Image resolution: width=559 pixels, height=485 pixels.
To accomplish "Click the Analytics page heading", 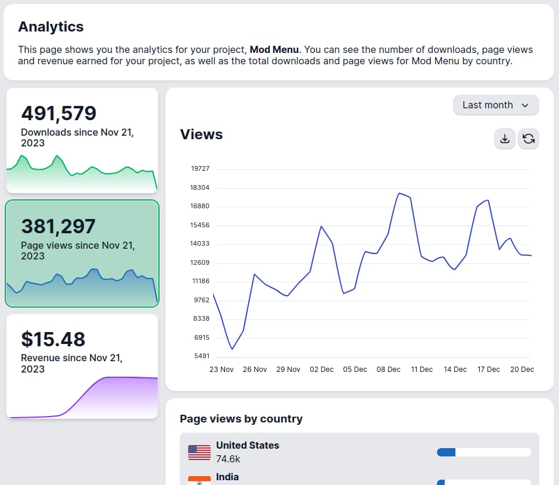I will (x=51, y=27).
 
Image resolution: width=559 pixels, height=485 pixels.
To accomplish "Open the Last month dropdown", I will (x=495, y=105).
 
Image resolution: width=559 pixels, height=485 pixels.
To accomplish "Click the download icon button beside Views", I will (x=504, y=139).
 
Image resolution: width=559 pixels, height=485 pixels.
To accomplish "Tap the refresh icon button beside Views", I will (x=528, y=139).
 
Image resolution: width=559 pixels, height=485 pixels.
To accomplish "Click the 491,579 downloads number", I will (x=58, y=113).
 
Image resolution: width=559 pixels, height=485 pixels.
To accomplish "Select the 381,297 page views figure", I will (x=58, y=226).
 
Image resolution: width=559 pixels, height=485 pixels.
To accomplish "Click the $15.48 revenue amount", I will (x=53, y=339).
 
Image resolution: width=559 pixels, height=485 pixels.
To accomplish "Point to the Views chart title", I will (x=201, y=134).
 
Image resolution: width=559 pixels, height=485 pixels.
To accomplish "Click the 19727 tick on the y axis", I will (x=200, y=169).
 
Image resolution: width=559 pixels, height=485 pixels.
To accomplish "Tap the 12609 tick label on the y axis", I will (x=200, y=263).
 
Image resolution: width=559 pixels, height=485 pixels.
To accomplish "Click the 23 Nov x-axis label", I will (x=221, y=370).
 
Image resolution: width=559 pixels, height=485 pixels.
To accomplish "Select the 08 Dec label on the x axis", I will (x=388, y=370).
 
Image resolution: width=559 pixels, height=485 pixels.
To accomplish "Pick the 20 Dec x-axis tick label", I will (x=522, y=370).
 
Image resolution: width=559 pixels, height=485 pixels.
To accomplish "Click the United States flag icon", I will (x=199, y=452).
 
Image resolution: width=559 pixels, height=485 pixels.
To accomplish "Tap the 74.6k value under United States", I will (x=228, y=459).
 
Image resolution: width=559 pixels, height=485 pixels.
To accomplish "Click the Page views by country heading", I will (x=241, y=419).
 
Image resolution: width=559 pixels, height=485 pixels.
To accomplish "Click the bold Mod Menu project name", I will (x=274, y=49).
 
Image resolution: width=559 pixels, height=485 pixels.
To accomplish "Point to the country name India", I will (x=227, y=477).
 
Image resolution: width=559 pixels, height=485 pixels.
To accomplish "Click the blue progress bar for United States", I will (x=446, y=452).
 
